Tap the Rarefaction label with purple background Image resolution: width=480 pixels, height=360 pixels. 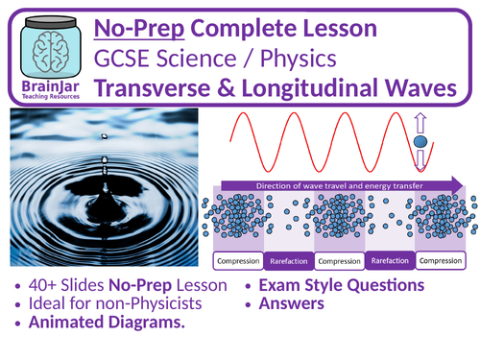[393, 260]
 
